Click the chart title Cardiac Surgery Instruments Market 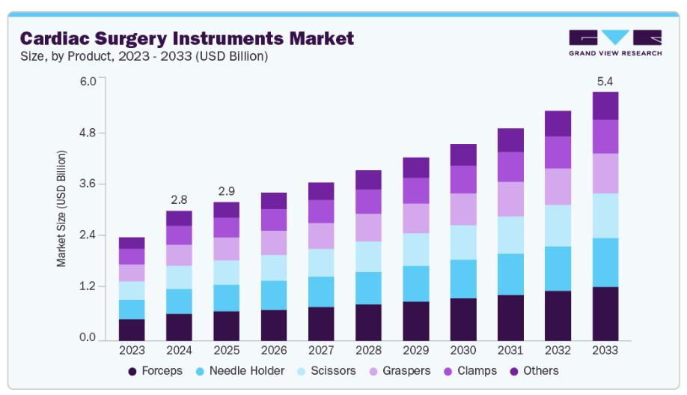pyautogui.click(x=186, y=37)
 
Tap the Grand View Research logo pyautogui.click(x=615, y=43)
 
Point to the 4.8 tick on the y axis pyautogui.click(x=88, y=133)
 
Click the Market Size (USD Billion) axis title pyautogui.click(x=62, y=209)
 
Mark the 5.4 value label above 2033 pyautogui.click(x=604, y=80)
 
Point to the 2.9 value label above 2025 pyautogui.click(x=226, y=190)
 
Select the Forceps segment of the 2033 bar pyautogui.click(x=605, y=313)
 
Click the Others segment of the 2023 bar pyautogui.click(x=132, y=243)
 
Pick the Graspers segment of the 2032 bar pyautogui.click(x=558, y=187)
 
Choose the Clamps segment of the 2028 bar pyautogui.click(x=368, y=202)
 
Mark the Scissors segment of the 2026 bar pyautogui.click(x=273, y=268)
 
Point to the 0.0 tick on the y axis pyautogui.click(x=88, y=338)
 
